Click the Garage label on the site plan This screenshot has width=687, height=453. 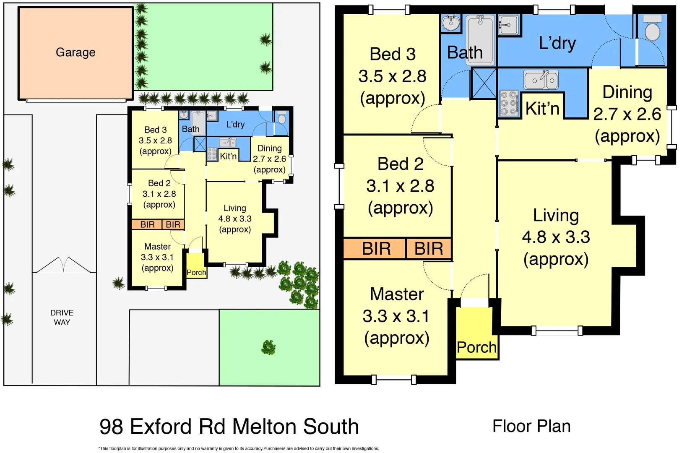click(x=75, y=52)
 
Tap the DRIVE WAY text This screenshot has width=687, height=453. click(x=62, y=318)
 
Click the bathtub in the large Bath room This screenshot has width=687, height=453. click(x=481, y=40)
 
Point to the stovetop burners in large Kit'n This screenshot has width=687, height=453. click(x=508, y=103)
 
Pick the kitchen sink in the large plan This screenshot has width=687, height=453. click(x=541, y=80)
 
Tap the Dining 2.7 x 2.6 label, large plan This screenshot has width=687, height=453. click(x=627, y=114)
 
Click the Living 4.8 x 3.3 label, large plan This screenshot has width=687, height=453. click(x=556, y=237)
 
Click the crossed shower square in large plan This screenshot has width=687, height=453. click(x=484, y=83)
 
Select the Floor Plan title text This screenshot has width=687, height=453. click(x=531, y=426)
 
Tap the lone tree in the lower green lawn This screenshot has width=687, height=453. click(x=268, y=347)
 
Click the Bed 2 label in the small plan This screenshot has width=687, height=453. click(x=159, y=194)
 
